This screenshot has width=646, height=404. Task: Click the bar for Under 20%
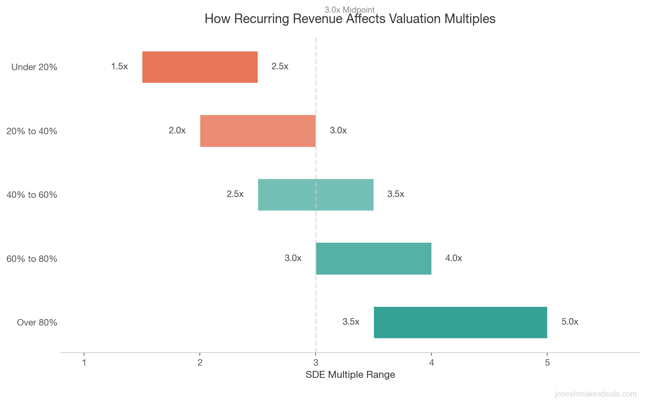[x=200, y=67]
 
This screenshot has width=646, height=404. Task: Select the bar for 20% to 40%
[x=258, y=131]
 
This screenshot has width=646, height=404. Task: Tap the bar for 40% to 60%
[x=316, y=195]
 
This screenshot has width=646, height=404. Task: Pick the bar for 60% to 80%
[x=373, y=258]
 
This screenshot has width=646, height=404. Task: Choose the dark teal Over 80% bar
[x=460, y=323]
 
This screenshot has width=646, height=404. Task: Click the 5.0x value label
[x=569, y=322]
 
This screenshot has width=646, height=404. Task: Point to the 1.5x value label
[x=119, y=67]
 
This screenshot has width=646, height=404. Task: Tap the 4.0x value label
[x=453, y=258]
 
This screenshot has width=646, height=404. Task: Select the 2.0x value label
[x=177, y=131]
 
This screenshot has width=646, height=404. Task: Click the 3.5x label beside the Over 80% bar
[x=351, y=322]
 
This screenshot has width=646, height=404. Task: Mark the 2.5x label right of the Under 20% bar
[x=279, y=67]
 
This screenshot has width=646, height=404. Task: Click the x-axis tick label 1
[x=84, y=363]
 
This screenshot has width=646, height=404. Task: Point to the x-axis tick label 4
[x=431, y=363]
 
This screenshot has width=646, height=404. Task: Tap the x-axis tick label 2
[x=200, y=363]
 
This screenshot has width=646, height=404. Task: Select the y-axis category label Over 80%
[x=37, y=323]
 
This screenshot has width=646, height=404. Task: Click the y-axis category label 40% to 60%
[x=32, y=195]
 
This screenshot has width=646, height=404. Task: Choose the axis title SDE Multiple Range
[x=350, y=375]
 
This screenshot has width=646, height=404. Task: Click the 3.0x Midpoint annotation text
[x=350, y=10]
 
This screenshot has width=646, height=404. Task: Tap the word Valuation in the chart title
[x=414, y=19]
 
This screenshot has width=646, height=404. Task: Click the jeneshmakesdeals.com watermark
[x=595, y=394]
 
